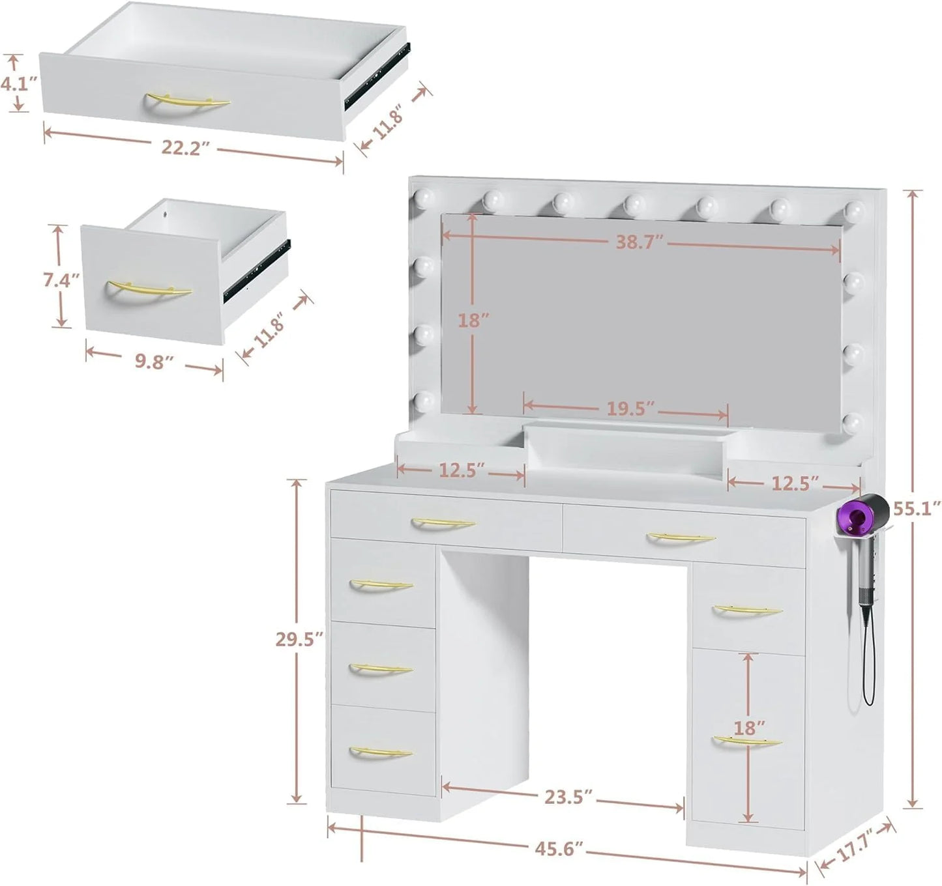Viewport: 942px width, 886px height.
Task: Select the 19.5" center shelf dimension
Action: pyautogui.click(x=630, y=409)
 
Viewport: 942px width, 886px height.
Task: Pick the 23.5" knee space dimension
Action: pyautogui.click(x=568, y=797)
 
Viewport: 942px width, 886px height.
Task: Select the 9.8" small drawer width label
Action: pyautogui.click(x=154, y=362)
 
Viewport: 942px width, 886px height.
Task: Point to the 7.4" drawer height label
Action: pyautogui.click(x=61, y=281)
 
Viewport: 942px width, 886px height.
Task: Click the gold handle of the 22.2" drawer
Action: pyautogui.click(x=188, y=102)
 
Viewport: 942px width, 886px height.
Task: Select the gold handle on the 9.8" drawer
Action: pyautogui.click(x=149, y=289)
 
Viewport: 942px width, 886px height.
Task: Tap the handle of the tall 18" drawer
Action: pyautogui.click(x=746, y=741)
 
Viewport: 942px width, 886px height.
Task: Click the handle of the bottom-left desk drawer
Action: pyautogui.click(x=381, y=753)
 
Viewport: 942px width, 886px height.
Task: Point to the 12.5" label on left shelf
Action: pyautogui.click(x=460, y=470)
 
